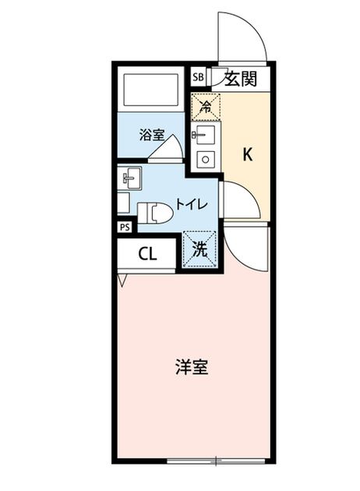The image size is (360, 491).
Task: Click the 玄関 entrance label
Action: tap(241, 79)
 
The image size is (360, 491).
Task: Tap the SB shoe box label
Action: tap(198, 77)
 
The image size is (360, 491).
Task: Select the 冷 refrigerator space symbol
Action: tap(206, 107)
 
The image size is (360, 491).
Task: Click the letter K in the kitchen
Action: tap(247, 154)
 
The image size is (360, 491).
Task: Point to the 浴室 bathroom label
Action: tap(151, 136)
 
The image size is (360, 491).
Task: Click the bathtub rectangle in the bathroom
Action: tap(151, 90)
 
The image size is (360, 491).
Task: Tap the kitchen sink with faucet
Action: tap(205, 135)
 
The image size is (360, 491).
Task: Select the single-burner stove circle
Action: tap(206, 160)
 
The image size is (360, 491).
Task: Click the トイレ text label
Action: tap(191, 204)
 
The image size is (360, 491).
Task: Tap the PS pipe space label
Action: tap(125, 228)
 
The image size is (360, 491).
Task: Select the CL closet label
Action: tap(147, 255)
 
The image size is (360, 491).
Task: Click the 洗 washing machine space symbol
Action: tap(199, 249)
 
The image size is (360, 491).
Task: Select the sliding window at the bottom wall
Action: tap(216, 461)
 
